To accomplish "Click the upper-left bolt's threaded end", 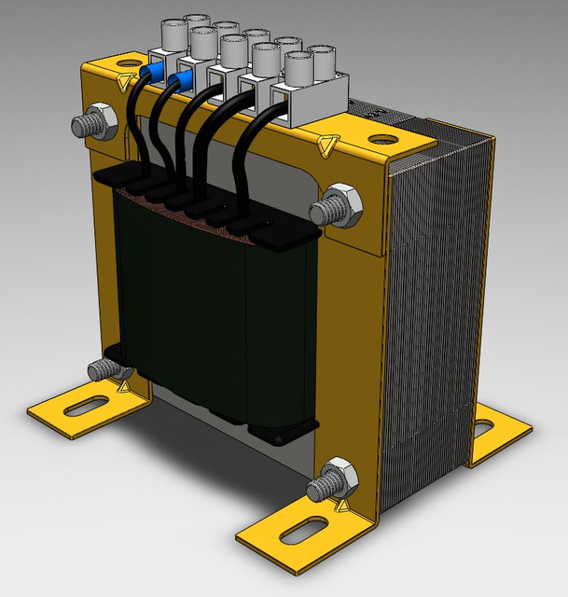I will [x=81, y=124].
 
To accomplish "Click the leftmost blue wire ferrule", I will [x=151, y=72].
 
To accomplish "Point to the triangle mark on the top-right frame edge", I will [x=325, y=146].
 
